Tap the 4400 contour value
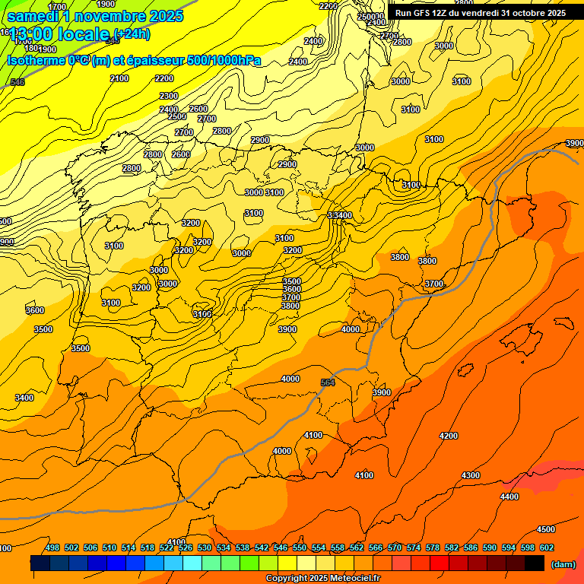pos(509,497)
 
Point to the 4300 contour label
pos(471,475)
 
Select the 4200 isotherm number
pos(449,436)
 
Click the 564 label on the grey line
pos(328,382)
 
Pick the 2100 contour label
pos(119,78)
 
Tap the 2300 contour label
pos(169,96)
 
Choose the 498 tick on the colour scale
pos(52,547)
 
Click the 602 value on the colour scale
pos(547,547)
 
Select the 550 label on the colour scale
pos(300,547)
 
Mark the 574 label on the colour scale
pos(414,547)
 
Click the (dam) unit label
pos(563,563)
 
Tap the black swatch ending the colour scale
pos(535,563)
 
